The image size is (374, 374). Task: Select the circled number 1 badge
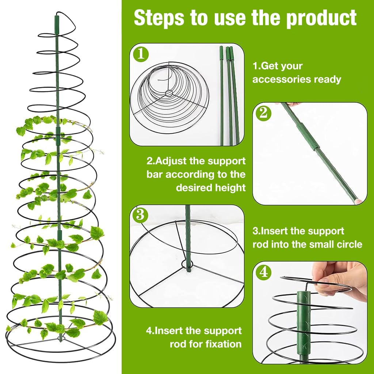[141, 54]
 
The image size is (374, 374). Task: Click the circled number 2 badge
[264, 113]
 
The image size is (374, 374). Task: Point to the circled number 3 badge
[140, 215]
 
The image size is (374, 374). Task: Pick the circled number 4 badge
[264, 272]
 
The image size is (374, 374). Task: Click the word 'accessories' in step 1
[282, 79]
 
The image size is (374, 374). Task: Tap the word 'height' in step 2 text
[230, 188]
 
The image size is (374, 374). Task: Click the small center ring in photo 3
[187, 264]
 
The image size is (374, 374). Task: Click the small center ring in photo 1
[169, 93]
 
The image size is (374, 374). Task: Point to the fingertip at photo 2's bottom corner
[359, 202]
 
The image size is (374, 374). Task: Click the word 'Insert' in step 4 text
[169, 331]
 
